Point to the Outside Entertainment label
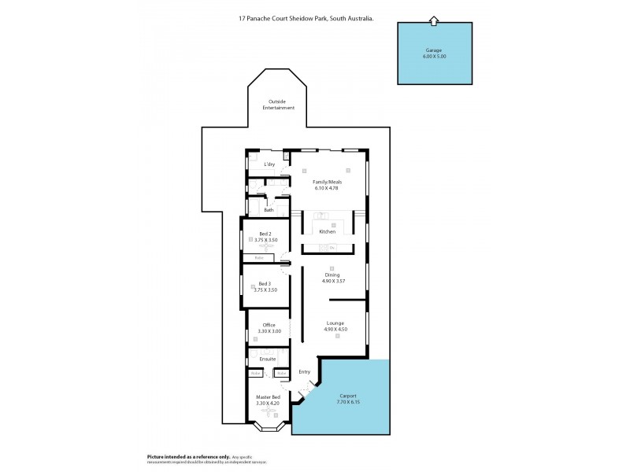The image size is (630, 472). (281, 104)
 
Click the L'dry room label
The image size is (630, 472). (269, 164)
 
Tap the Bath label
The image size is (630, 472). (269, 210)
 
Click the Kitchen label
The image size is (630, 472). (328, 231)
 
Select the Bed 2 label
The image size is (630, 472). (266, 234)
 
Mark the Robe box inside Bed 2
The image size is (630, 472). (258, 257)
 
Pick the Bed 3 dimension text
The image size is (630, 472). (266, 289)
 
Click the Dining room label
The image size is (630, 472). (332, 275)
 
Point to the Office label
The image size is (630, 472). (269, 325)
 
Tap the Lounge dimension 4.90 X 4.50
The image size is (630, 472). (335, 329)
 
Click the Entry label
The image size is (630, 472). (305, 371)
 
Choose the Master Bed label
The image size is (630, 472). (268, 397)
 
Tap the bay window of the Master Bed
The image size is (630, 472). (267, 429)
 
